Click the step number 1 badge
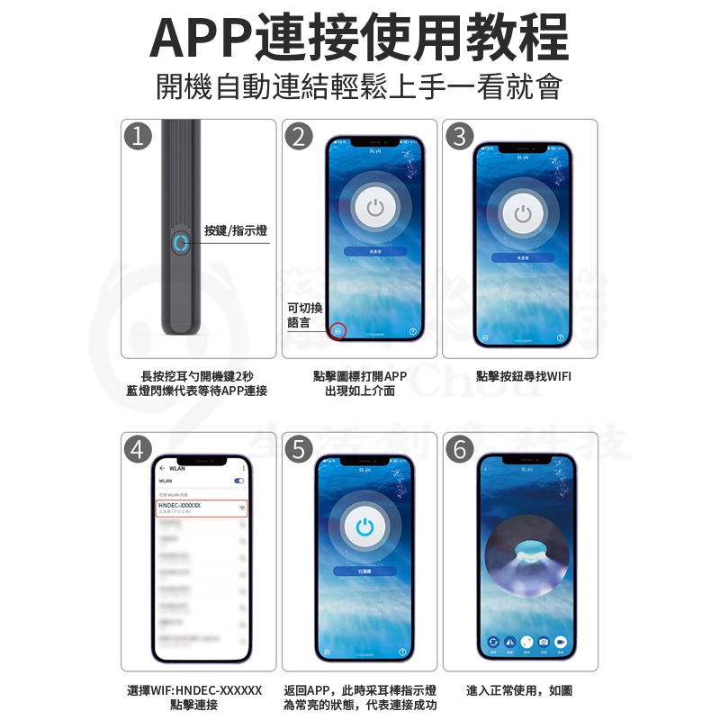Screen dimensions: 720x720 tap(136, 136)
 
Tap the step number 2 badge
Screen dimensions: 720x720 tap(298, 136)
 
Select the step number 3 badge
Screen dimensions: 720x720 tap(459, 136)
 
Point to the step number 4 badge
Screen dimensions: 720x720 tap(137, 448)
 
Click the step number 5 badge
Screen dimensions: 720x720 tap(298, 448)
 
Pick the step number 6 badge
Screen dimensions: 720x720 tap(459, 448)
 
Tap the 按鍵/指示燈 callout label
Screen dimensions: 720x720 tap(235, 231)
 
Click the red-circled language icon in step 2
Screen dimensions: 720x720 tap(337, 330)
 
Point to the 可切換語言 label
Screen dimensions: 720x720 tap(304, 315)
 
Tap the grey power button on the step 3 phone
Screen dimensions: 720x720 tap(523, 214)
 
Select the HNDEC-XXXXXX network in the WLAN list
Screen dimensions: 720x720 tap(200, 508)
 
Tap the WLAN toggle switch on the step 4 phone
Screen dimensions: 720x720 tap(238, 481)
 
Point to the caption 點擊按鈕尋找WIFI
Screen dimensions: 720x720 tap(524, 376)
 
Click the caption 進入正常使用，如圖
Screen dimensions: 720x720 tap(519, 690)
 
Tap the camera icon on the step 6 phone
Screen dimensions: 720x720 tap(543, 643)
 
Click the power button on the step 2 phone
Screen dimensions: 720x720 tap(375, 209)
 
